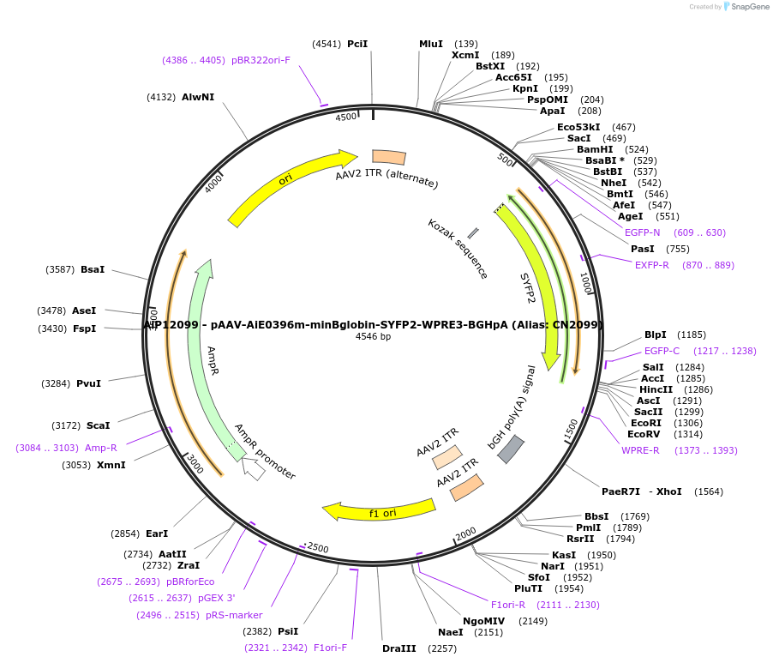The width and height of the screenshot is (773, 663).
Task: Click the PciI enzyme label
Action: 357,44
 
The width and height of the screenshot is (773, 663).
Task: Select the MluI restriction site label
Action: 431,44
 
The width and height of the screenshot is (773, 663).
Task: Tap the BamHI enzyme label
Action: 595,149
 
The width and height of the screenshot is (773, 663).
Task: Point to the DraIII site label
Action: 399,648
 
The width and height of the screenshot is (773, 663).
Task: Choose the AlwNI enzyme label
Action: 198,97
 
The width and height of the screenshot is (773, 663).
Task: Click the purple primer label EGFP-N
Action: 643,232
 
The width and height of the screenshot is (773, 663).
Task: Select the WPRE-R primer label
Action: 640,450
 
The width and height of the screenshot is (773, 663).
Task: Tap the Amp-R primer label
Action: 101,448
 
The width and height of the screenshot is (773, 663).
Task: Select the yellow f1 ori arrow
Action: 377,512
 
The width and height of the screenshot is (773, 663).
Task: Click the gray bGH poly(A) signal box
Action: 511,449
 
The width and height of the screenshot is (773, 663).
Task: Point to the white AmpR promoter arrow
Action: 253,467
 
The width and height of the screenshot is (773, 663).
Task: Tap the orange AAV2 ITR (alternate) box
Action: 389,157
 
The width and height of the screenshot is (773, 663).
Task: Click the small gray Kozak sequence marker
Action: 473,232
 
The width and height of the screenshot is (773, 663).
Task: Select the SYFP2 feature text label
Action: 529,288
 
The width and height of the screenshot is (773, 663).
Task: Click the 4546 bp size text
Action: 373,337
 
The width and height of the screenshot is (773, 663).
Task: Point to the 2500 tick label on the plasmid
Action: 317,548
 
